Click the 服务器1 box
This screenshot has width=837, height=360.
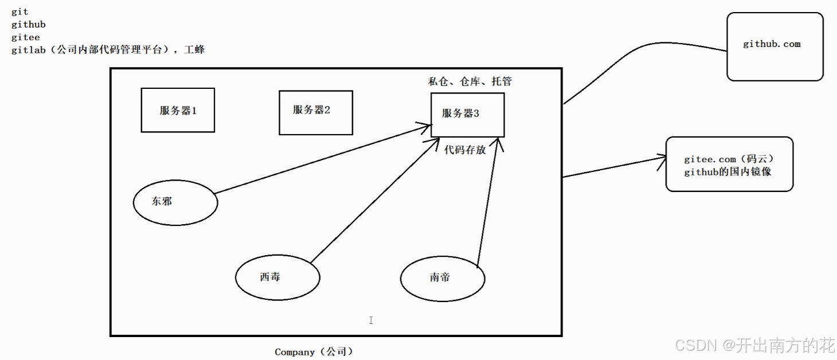click(178, 110)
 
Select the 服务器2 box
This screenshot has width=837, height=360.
click(315, 112)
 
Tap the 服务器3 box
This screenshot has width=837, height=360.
click(467, 115)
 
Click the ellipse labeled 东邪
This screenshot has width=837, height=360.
click(175, 202)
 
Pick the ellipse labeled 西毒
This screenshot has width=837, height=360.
click(277, 278)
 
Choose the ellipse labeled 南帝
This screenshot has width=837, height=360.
click(443, 278)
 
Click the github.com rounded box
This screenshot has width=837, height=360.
click(775, 46)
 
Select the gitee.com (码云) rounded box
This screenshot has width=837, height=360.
click(729, 164)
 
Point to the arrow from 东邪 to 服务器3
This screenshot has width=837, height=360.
click(321, 159)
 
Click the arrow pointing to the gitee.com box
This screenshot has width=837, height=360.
click(613, 167)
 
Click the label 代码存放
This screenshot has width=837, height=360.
click(465, 150)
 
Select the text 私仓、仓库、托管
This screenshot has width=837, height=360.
click(470, 81)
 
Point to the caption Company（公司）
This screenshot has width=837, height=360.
click(314, 352)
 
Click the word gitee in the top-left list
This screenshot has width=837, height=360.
click(25, 37)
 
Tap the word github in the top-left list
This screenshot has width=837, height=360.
click(28, 25)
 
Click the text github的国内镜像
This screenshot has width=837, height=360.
click(728, 171)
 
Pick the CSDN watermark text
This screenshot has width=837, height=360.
click(754, 346)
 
